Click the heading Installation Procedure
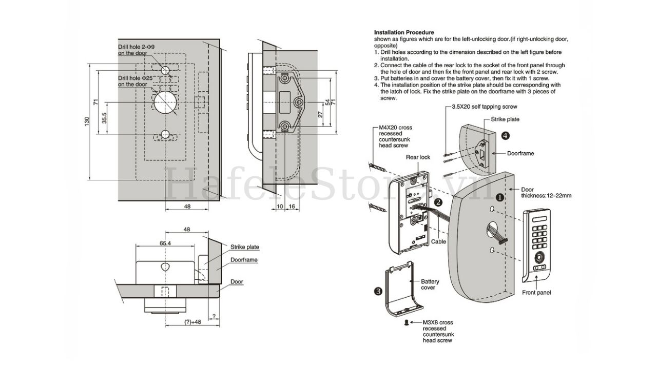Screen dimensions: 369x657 point(404,32)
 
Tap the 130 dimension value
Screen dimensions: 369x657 point(87,123)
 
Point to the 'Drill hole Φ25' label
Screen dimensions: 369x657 point(136,81)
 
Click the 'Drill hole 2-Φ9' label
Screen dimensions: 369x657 point(136,50)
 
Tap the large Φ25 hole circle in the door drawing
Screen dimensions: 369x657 point(165,101)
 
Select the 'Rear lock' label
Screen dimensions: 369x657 point(418,157)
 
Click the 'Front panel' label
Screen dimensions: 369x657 point(537,293)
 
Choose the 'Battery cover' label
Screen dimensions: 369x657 point(430,284)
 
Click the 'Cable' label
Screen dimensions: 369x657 point(438,241)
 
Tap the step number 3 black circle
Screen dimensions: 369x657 point(378,291)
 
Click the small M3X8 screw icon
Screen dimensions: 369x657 point(407,322)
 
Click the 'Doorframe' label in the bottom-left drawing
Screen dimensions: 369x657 point(244,260)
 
